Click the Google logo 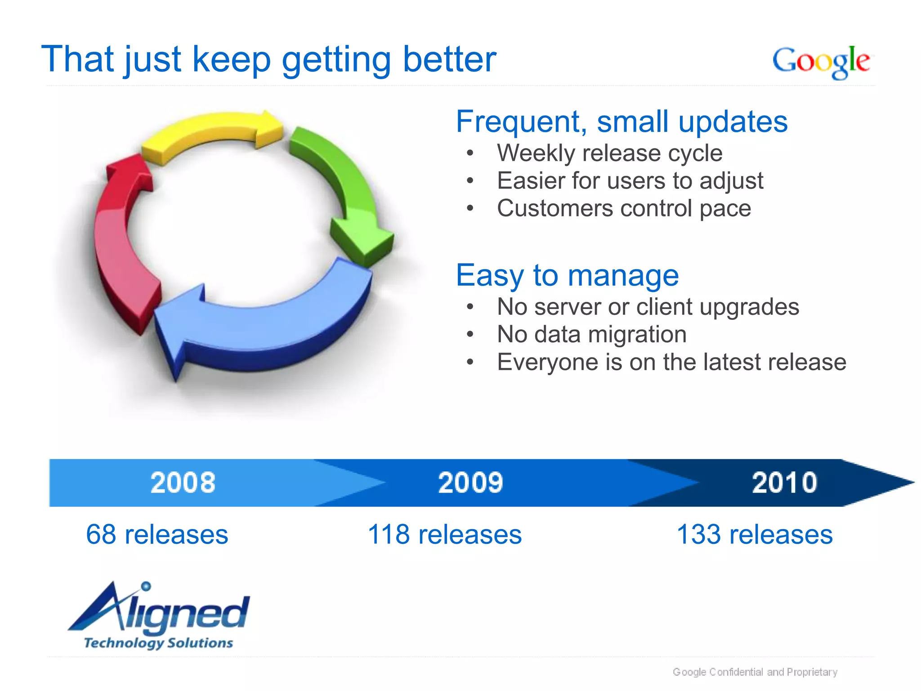pyautogui.click(x=821, y=62)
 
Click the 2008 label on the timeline pyautogui.click(x=183, y=483)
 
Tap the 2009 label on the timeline pyautogui.click(x=470, y=483)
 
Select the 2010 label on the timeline pyautogui.click(x=784, y=483)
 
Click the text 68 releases pyautogui.click(x=157, y=534)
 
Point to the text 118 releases pyautogui.click(x=445, y=534)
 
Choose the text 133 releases pyautogui.click(x=755, y=534)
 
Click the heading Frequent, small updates pyautogui.click(x=621, y=121)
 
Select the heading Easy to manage pyautogui.click(x=567, y=275)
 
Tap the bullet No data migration pyautogui.click(x=591, y=334)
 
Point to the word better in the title pyautogui.click(x=449, y=59)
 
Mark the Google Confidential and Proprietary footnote pyautogui.click(x=755, y=672)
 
